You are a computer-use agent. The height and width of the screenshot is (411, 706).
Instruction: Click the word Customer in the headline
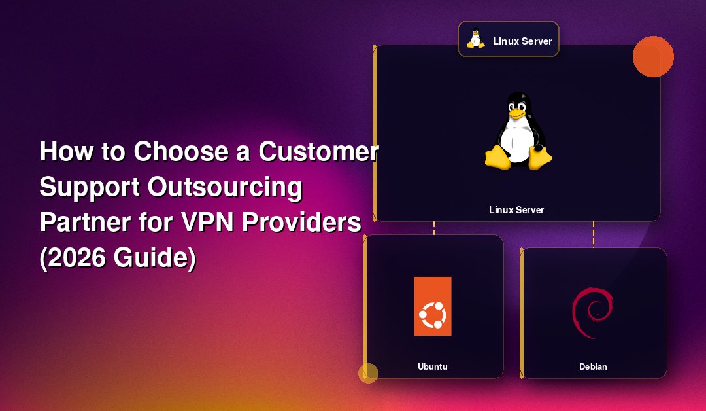[318, 151]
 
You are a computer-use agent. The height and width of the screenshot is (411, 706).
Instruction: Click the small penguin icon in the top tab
[475, 39]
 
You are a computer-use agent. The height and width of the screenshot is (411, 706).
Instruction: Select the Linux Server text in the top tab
[522, 41]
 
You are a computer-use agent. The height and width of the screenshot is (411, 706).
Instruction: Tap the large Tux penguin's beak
[517, 113]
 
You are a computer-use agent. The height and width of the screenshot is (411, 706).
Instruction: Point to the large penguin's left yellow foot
[498, 157]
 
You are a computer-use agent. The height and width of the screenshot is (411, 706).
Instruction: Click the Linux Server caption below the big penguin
[516, 210]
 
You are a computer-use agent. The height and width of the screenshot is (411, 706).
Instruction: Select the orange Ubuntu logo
[433, 306]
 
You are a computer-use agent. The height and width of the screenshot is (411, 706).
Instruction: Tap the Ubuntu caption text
[433, 367]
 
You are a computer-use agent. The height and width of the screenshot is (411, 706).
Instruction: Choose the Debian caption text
[593, 367]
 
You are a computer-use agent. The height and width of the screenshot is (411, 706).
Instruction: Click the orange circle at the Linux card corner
[653, 56]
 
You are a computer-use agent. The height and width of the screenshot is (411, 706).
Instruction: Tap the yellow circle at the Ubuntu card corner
[368, 373]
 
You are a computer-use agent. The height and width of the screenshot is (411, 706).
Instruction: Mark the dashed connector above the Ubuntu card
[434, 228]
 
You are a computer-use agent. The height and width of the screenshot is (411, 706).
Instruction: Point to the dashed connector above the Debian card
[594, 234]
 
